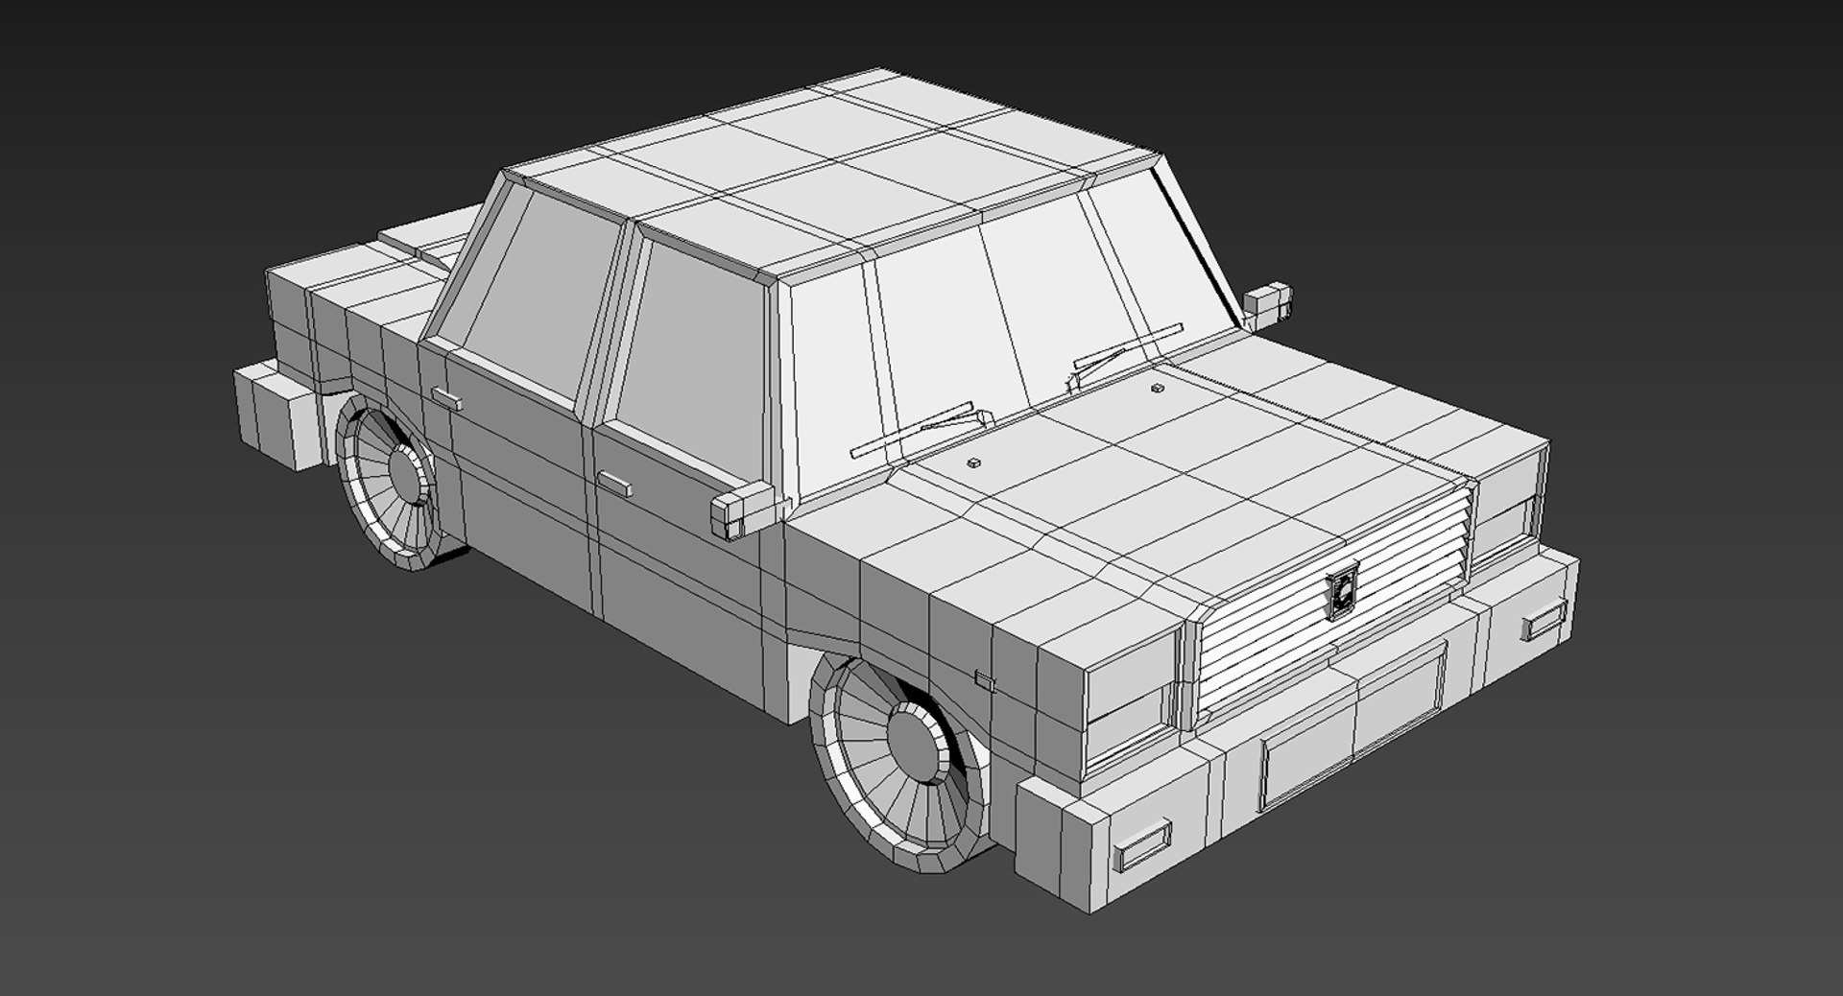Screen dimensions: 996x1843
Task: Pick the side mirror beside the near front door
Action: pyautogui.click(x=743, y=509)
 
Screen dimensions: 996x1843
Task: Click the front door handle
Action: pyautogui.click(x=614, y=483)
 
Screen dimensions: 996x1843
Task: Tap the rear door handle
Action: pyautogui.click(x=446, y=398)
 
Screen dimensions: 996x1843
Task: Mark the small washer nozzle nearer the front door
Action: pyautogui.click(x=973, y=463)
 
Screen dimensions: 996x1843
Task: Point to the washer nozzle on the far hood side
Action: pyautogui.click(x=1157, y=389)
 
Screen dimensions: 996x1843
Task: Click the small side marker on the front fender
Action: pyautogui.click(x=985, y=679)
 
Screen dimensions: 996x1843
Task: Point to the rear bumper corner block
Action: pyautogui.click(x=277, y=417)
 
